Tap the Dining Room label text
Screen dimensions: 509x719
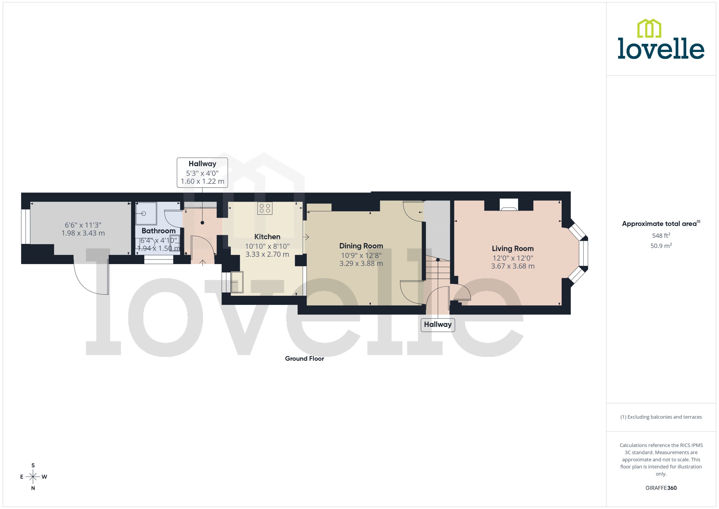[x=361, y=246]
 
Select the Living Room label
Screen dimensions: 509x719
[x=513, y=249]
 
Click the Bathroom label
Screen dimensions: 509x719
[x=159, y=231]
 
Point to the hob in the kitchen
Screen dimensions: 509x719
[x=265, y=208]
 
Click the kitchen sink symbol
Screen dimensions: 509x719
[x=237, y=282]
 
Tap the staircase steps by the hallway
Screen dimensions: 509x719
[x=438, y=270]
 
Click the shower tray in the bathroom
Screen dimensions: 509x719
[x=146, y=214]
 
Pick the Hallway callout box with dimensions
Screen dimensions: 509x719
[x=202, y=173]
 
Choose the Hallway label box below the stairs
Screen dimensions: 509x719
[x=438, y=324]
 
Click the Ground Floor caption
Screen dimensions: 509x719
[x=304, y=359]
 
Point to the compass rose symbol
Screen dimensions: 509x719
[x=33, y=477]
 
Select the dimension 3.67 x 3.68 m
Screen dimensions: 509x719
[x=513, y=266]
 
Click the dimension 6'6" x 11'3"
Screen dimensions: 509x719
[x=83, y=225]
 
